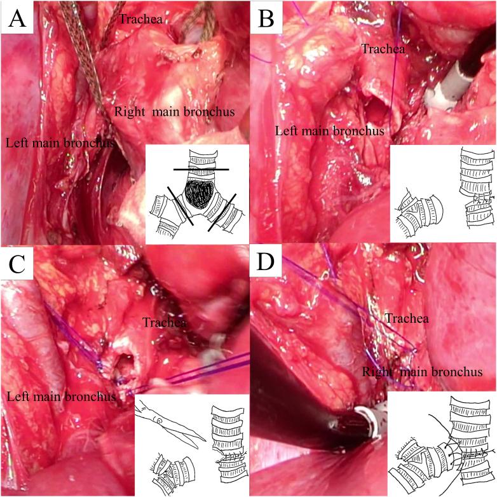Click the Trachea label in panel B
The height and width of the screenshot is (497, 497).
[384, 48]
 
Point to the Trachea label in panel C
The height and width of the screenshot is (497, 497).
[164, 323]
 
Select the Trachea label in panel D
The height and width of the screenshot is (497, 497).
[404, 318]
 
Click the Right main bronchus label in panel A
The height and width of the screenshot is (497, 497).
[175, 112]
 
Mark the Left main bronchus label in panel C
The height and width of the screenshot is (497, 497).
[61, 397]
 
